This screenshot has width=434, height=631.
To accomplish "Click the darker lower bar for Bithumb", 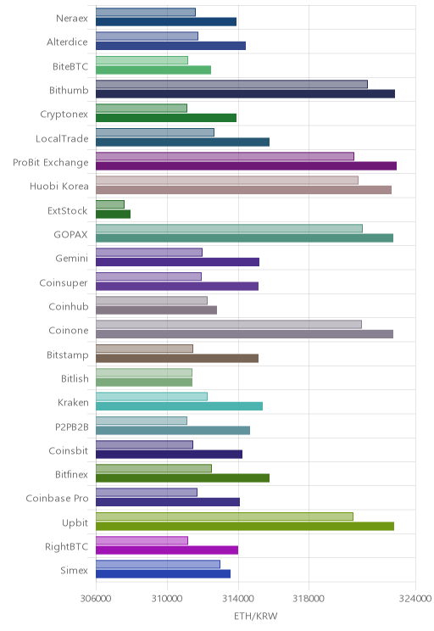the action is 245,94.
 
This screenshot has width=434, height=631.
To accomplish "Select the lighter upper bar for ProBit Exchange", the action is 225,156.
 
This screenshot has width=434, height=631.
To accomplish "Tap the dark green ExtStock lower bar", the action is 113,214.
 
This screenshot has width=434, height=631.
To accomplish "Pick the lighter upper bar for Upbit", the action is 225,517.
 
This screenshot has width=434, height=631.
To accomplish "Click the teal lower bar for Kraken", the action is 180,406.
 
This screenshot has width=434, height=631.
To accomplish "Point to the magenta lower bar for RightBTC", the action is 167,550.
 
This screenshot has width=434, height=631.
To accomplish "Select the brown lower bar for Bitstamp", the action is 177,358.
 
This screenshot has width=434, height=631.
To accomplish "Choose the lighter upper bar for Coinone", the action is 229,324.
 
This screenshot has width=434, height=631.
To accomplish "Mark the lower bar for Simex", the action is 164,574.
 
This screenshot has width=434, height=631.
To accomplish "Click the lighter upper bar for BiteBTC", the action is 142,60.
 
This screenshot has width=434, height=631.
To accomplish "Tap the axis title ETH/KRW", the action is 256,616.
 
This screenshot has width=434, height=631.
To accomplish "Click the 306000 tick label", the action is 96,599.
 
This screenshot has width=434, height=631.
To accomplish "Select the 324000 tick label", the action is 415,599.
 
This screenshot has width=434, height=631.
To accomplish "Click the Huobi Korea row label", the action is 59,187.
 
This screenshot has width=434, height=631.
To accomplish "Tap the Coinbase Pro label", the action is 57,499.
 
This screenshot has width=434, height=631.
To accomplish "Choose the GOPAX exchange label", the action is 71,235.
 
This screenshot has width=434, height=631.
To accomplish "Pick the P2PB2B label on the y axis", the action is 71,427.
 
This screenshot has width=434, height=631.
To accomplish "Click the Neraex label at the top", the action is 72,19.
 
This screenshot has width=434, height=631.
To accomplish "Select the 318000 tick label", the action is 309,599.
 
